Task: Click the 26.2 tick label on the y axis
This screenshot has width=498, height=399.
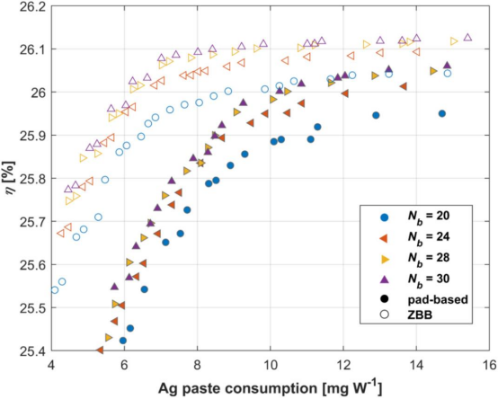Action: tap(32, 6)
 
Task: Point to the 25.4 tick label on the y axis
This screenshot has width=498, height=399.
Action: tap(32, 351)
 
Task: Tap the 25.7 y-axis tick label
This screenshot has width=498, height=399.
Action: tap(32, 222)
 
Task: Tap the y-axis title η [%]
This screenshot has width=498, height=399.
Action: tap(10, 179)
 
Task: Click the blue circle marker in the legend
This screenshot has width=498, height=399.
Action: tap(385, 217)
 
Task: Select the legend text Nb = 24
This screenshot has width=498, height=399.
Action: tap(429, 237)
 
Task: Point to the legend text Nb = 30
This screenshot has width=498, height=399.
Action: tap(429, 279)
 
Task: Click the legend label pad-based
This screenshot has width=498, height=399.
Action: tap(438, 299)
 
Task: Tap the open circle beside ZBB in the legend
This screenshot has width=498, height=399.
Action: tap(385, 315)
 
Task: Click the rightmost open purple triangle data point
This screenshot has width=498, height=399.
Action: tap(467, 37)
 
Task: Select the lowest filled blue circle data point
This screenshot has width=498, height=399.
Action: tap(123, 341)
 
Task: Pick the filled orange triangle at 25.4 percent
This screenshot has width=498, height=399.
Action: tap(100, 350)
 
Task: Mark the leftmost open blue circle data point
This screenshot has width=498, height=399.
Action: tap(55, 289)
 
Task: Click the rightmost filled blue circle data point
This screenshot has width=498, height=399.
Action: tap(441, 113)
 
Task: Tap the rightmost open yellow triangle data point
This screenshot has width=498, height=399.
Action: tap(454, 41)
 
